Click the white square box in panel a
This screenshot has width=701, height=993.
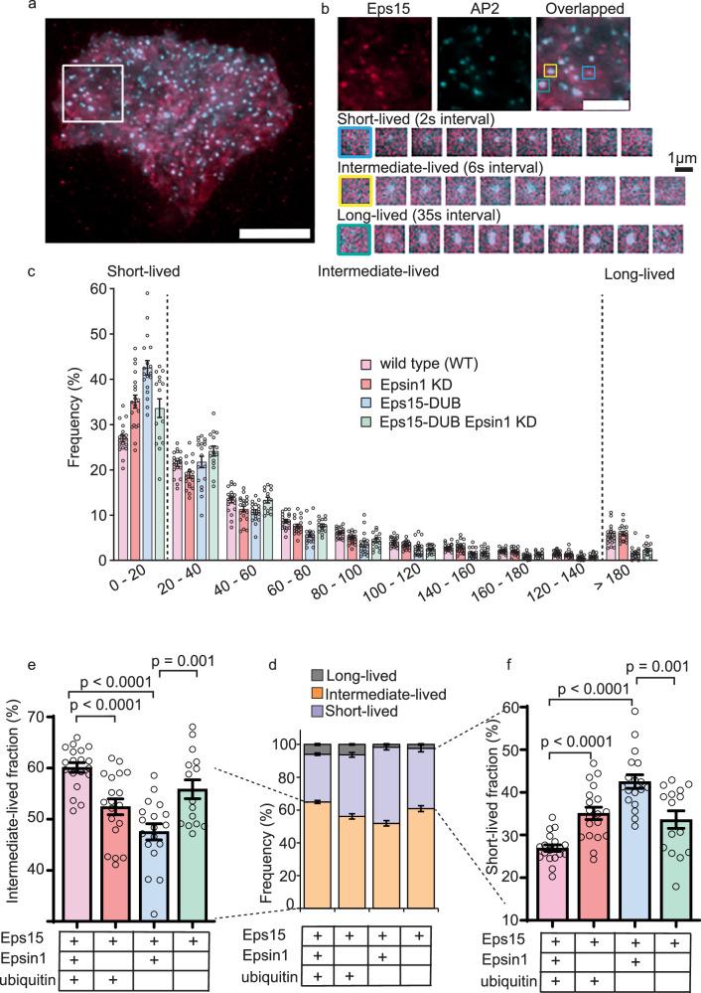pos(92,95)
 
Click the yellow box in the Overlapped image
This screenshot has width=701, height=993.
pos(550,71)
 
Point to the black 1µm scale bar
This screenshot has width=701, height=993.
pos(683,170)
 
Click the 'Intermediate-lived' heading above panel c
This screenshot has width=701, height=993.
pos(377,271)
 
